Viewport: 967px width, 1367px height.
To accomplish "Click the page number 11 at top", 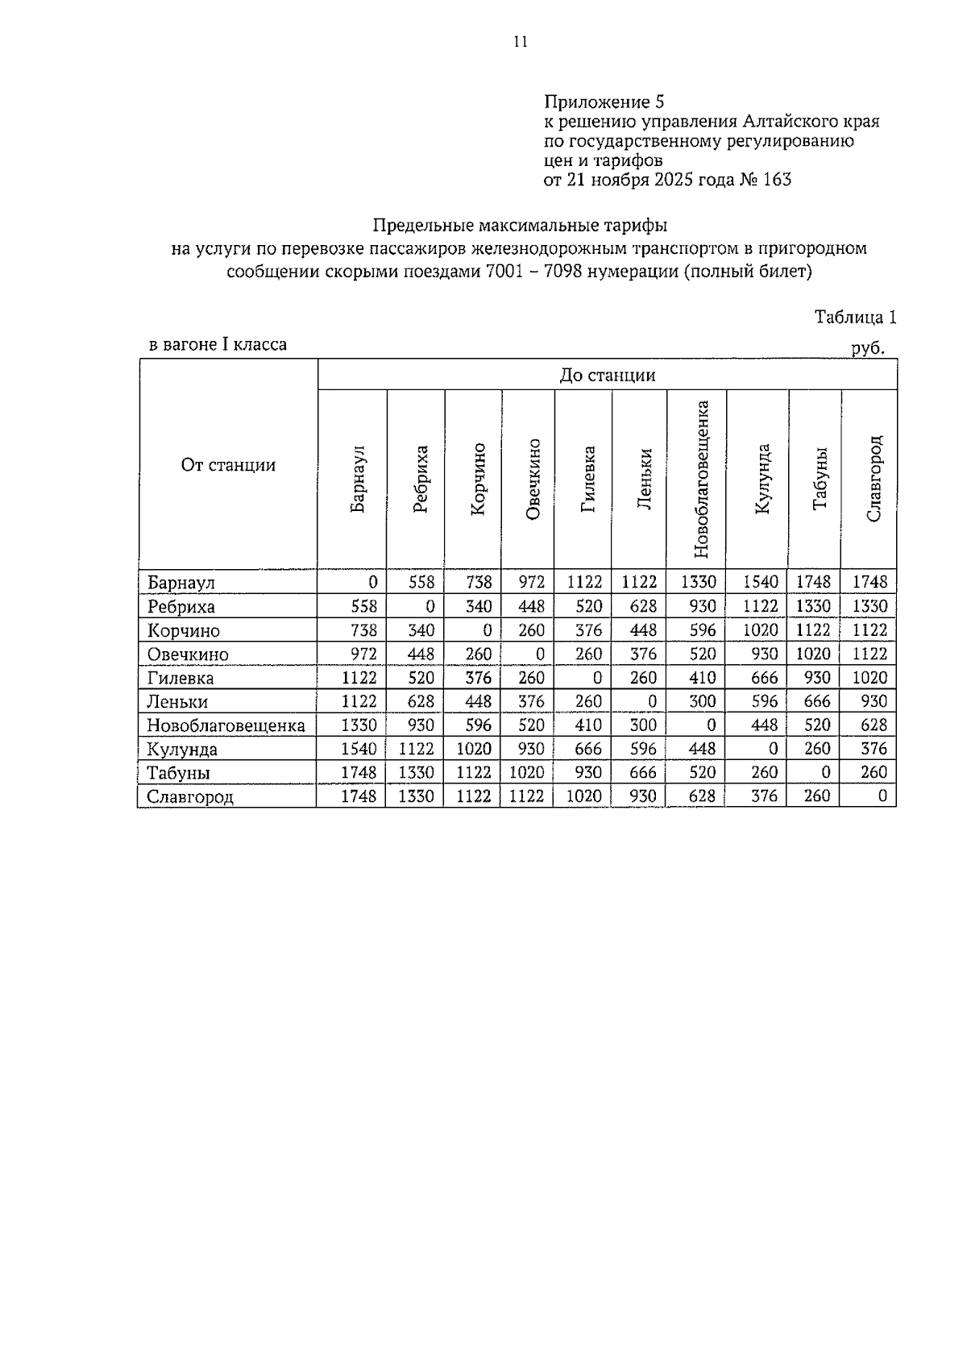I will pos(520,43).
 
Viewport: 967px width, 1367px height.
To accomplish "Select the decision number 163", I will pos(776,179).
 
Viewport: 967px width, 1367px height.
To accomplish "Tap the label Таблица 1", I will pos(855,317).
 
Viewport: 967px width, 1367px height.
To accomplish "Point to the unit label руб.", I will pos(868,349).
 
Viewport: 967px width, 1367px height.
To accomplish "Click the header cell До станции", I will pos(607,376).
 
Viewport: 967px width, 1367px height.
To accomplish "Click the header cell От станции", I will pos(228,465).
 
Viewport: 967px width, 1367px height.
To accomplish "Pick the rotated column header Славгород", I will pos(874,479).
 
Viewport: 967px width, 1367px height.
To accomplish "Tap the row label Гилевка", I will pos(181,679).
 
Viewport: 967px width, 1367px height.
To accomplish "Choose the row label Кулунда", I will pos(182,750).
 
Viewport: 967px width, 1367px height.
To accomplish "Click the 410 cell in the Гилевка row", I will pos(702,678).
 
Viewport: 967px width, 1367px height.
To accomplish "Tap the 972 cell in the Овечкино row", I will pos(359,654).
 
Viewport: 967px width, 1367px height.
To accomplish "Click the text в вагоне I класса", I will pos(218,345).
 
